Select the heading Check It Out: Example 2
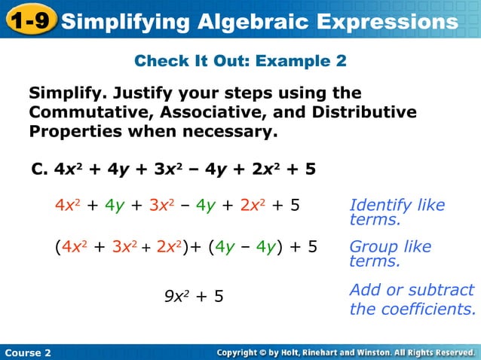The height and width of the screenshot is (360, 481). pyautogui.click(x=240, y=61)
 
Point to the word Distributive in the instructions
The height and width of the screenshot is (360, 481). pyautogui.click(x=366, y=112)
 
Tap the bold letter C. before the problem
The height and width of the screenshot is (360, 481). pyautogui.click(x=40, y=169)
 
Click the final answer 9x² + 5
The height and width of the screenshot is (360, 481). pyautogui.click(x=195, y=296)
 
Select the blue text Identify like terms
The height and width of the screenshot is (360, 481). pyautogui.click(x=397, y=212)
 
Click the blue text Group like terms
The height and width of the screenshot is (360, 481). pyautogui.click(x=391, y=253)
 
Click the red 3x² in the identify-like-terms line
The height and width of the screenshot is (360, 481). pyautogui.click(x=163, y=205)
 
